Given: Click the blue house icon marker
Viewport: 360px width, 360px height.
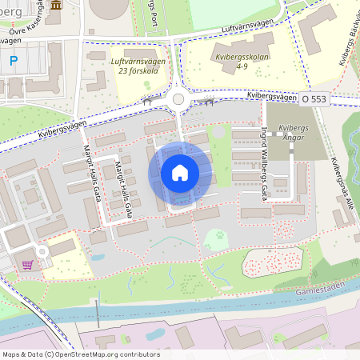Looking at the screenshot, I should (180, 173).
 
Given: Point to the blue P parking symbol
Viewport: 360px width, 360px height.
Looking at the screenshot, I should (14, 60).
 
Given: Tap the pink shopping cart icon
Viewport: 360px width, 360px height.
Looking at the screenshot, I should (28, 265).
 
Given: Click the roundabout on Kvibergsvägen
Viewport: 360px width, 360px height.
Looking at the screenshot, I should (178, 100).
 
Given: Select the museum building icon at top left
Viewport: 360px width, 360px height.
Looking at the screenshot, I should (55, 5).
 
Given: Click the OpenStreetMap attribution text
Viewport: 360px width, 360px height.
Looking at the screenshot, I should (80, 354).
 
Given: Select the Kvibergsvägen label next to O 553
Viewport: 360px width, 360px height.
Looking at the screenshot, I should (270, 95).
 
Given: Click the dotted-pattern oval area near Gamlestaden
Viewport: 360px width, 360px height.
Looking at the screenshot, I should (273, 262).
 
